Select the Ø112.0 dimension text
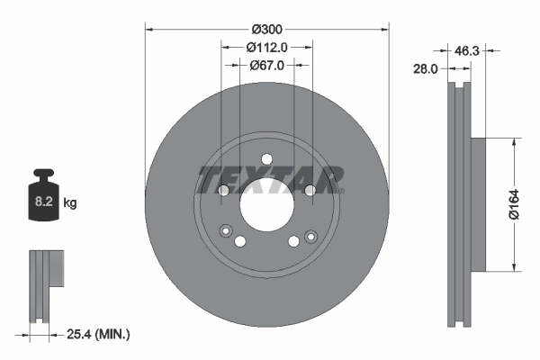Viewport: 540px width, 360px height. (267, 47)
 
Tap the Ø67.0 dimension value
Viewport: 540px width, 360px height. (267, 65)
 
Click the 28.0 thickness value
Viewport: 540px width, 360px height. (426, 67)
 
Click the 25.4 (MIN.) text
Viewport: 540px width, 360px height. (99, 334)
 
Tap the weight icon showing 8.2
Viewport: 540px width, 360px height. (42, 195)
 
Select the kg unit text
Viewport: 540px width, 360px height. (70, 203)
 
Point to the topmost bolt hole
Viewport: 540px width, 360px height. (266, 159)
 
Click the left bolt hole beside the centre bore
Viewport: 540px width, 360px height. (224, 190)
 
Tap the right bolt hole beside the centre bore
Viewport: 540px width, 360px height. (309, 190)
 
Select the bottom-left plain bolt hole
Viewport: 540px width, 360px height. (240, 240)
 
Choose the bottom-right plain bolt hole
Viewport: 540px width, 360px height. (293, 240)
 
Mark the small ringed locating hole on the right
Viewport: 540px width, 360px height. (310, 236)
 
